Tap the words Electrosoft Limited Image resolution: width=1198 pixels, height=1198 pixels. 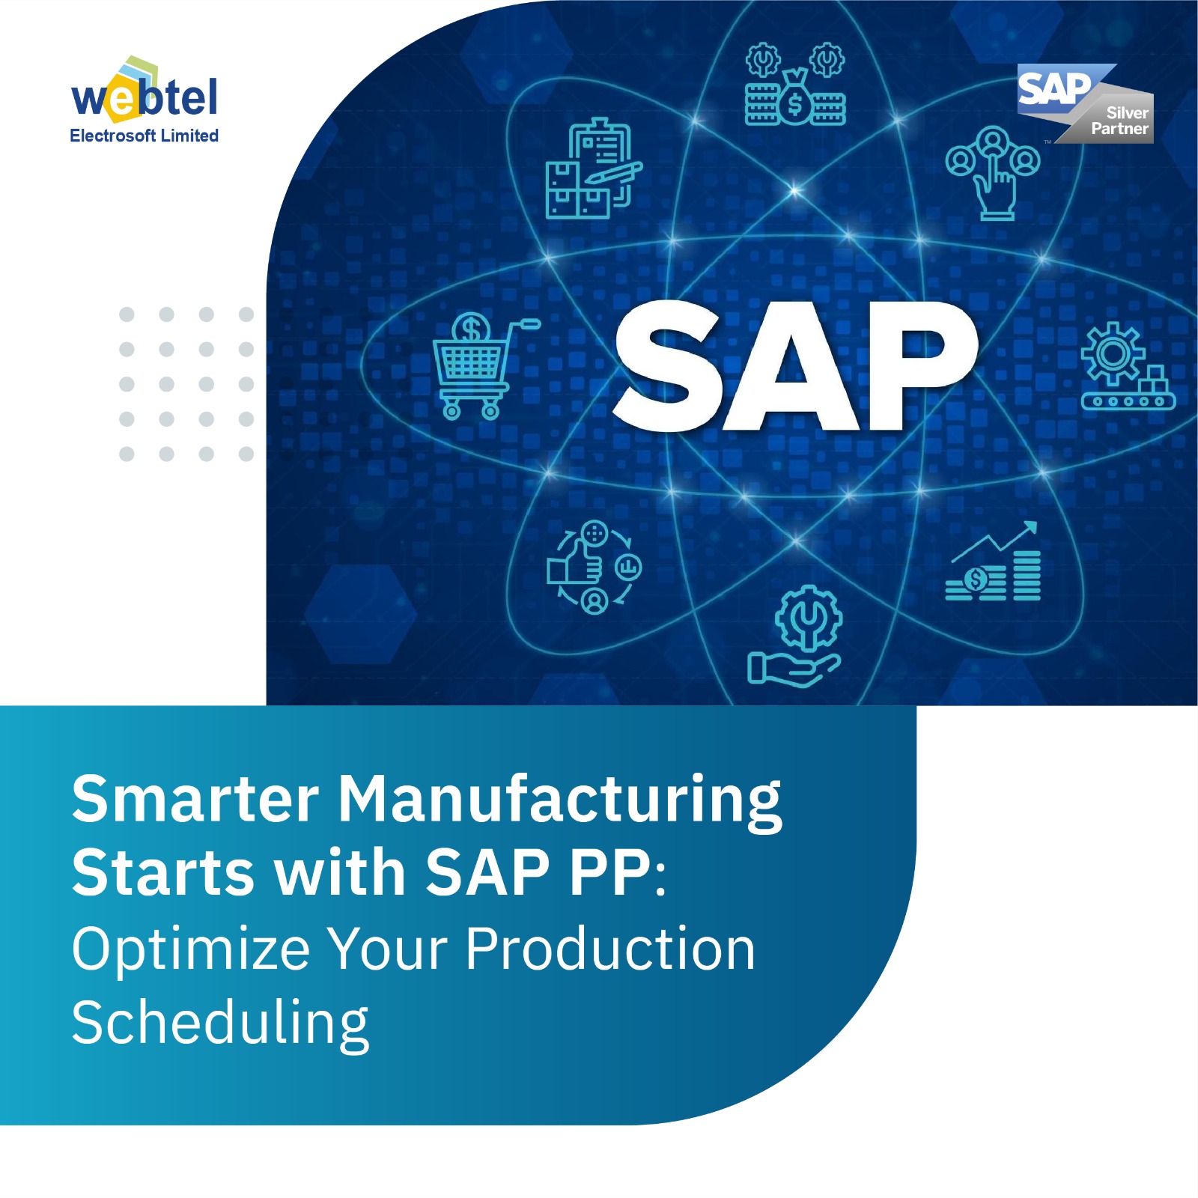point(144,136)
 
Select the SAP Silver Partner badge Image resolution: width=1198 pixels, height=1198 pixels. point(1085,103)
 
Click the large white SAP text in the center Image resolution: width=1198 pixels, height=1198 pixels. point(795,366)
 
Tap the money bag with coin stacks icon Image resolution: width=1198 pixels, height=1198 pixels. point(795,84)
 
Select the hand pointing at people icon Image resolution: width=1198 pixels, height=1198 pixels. point(993,173)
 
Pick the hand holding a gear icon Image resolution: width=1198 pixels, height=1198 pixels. point(794,636)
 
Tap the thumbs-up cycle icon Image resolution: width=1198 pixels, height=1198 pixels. point(594,567)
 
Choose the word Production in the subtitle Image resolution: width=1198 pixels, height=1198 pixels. point(610,948)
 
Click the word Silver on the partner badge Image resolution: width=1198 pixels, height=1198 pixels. point(1127,113)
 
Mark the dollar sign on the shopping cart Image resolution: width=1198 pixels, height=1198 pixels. point(472,329)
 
